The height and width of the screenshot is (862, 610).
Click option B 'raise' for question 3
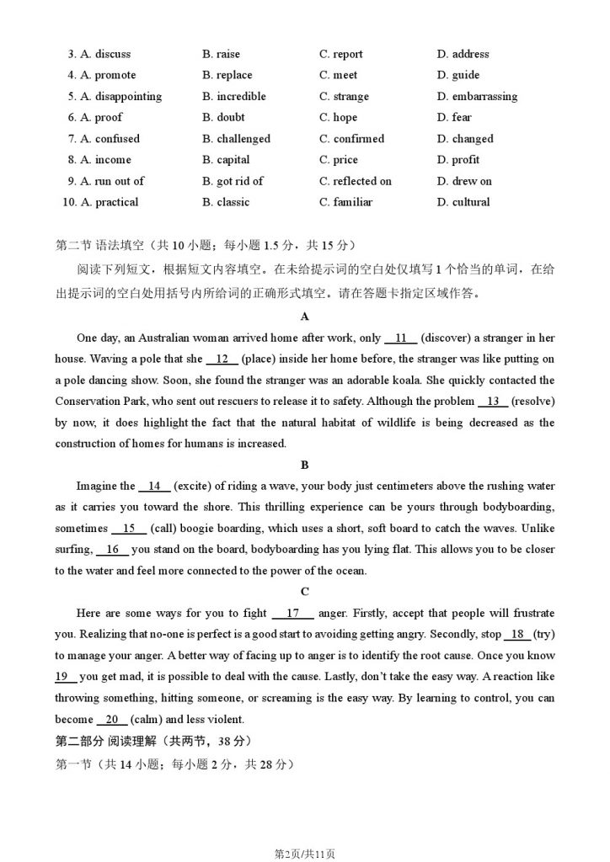221,54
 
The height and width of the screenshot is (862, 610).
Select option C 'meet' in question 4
338,75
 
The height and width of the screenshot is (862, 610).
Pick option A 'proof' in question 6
101,118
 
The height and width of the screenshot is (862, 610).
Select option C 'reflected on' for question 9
356,181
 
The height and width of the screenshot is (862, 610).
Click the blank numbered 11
400,338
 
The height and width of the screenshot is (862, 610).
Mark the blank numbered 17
294,614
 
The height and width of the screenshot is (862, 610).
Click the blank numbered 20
112,720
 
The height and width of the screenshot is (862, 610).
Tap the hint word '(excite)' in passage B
195,486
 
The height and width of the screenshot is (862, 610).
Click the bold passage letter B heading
304,465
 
